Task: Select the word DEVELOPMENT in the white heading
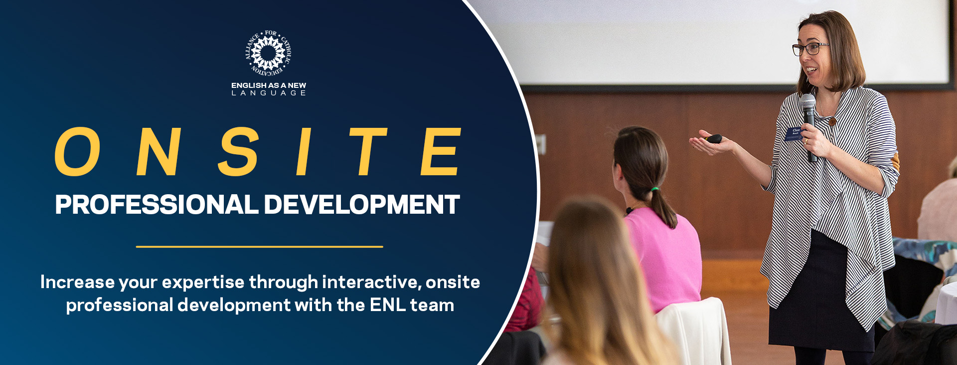361,205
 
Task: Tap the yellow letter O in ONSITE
77,152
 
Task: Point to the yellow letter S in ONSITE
239,152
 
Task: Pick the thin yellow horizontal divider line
259,247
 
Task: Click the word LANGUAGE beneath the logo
269,93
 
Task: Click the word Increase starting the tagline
77,282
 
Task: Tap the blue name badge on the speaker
793,133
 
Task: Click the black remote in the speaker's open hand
715,138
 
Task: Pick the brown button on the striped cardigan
832,121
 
